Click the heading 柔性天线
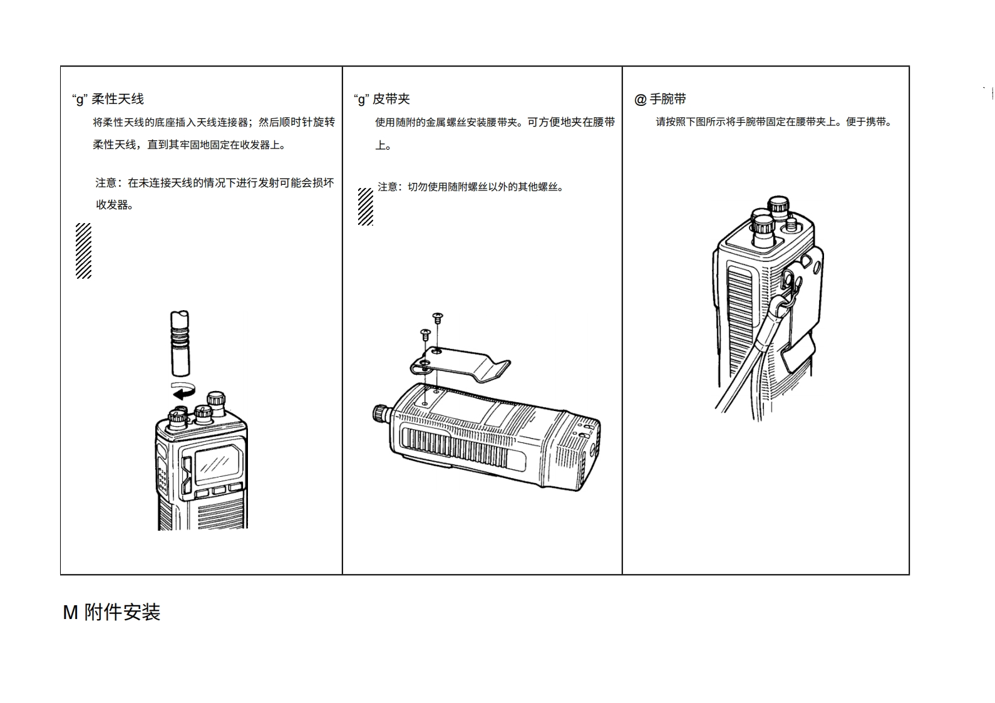point(118,99)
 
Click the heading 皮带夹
point(391,99)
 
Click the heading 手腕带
point(668,99)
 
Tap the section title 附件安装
point(123,612)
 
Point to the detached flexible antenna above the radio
point(179,344)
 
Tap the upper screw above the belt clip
point(438,318)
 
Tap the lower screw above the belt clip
point(425,333)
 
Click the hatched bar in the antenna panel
point(83,251)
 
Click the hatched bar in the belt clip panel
point(365,206)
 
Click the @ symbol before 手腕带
point(640,100)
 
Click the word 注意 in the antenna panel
point(106,183)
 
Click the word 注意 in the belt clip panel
point(388,187)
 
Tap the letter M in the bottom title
point(70,612)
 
